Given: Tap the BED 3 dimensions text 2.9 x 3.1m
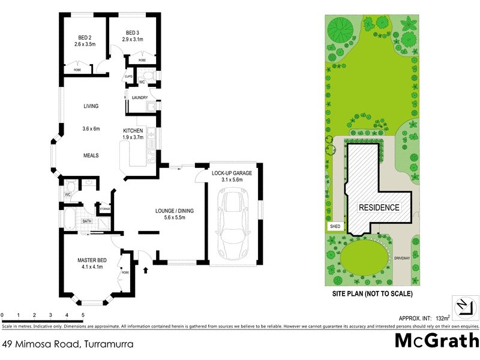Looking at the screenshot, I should click(133, 39).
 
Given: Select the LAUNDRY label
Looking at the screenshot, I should click(139, 97).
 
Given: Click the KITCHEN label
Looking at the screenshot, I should click(133, 131).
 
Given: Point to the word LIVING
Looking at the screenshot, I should click(91, 106).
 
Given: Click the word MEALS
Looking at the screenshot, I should click(91, 155).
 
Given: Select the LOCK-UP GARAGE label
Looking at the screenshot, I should click(232, 173).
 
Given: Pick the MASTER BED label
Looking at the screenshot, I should click(92, 260).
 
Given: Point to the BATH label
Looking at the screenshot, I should click(86, 221).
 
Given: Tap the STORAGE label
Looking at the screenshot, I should click(105, 209).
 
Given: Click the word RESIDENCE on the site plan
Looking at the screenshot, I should click(379, 208).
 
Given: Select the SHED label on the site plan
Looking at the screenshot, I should click(334, 227).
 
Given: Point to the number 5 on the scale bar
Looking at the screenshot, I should click(82, 314).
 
